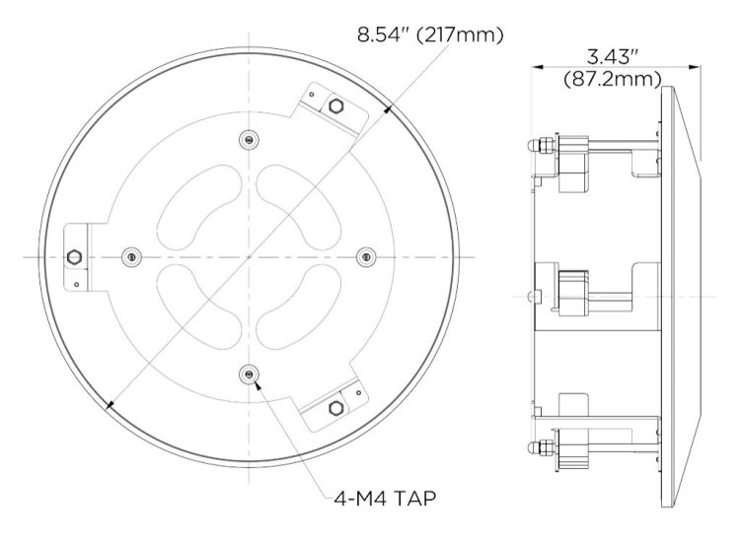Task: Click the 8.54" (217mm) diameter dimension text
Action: [430, 34]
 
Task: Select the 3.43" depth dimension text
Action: [613, 57]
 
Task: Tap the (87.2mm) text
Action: [613, 79]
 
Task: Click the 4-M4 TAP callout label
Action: [385, 498]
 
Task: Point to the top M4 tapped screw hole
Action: [249, 139]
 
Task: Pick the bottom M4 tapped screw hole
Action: [249, 374]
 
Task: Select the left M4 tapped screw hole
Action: [131, 257]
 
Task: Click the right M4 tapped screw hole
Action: [366, 257]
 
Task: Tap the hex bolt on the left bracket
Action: [74, 257]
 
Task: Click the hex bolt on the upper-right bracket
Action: [335, 106]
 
